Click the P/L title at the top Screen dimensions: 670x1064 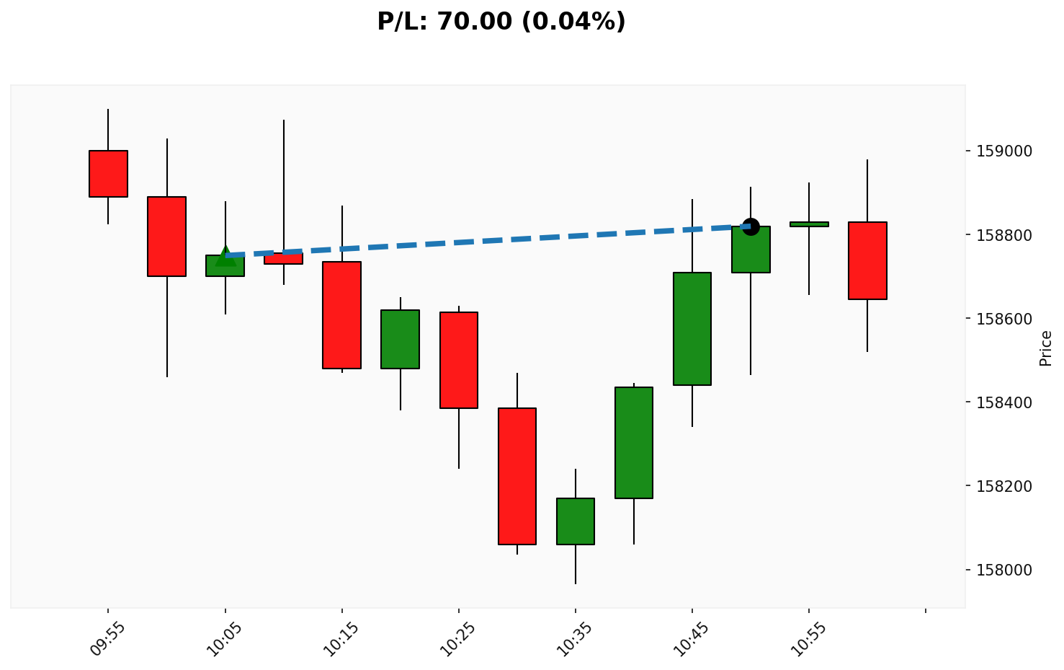tap(501, 22)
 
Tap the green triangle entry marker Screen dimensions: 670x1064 tap(225, 255)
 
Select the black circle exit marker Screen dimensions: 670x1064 tap(751, 226)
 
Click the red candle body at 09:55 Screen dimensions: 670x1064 tap(108, 173)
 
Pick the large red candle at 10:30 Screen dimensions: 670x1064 tap(517, 476)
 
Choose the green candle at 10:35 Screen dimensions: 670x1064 tap(576, 521)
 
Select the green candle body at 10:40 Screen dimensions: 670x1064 tap(634, 442)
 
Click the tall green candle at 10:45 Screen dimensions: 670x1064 tap(692, 328)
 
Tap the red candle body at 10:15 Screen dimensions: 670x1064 tap(341, 314)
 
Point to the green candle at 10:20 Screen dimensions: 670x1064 tap(401, 339)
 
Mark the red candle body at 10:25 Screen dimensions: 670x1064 tap(459, 360)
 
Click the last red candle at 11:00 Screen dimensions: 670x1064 tap(867, 260)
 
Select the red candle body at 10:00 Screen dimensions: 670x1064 tap(167, 236)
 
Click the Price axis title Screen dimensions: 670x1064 tap(1046, 348)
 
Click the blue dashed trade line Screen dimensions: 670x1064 tap(490, 240)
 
